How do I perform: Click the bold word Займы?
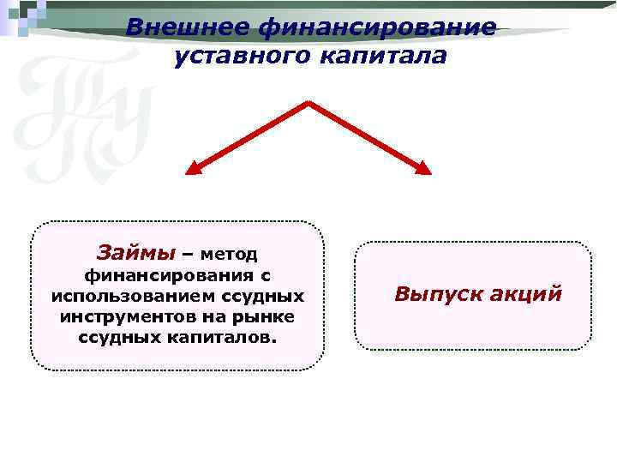[x=135, y=253]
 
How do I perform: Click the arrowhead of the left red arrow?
[x=194, y=170]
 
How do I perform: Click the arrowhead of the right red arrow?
[x=423, y=169]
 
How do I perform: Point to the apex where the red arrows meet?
[x=308, y=104]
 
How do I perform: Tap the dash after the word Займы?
[x=188, y=255]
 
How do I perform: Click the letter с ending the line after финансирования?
[x=266, y=275]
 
